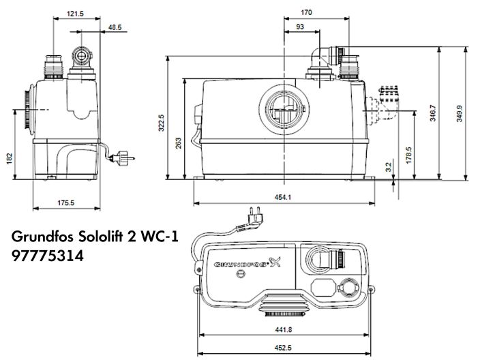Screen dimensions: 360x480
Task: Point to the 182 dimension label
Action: pos(9,157)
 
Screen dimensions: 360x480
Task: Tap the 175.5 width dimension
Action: pos(66,202)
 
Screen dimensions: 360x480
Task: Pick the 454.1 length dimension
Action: pos(282,197)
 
